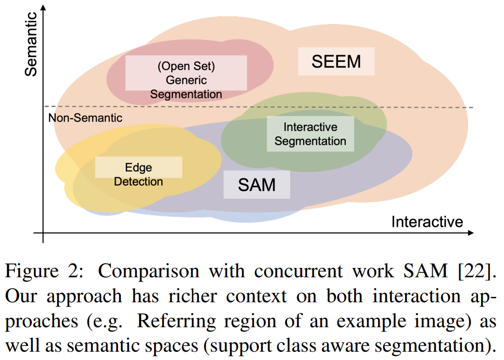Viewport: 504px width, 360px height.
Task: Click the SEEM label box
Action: click(x=336, y=61)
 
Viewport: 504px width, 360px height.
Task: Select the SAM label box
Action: click(x=257, y=184)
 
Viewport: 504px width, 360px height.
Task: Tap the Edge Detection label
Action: click(x=138, y=174)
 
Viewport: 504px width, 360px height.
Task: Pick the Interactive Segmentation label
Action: click(x=310, y=134)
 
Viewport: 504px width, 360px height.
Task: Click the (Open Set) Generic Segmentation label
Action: click(x=186, y=80)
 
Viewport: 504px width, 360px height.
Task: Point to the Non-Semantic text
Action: click(x=85, y=118)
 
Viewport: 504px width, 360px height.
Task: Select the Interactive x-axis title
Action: click(x=427, y=222)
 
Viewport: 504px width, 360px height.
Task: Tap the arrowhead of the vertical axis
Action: click(x=43, y=7)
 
